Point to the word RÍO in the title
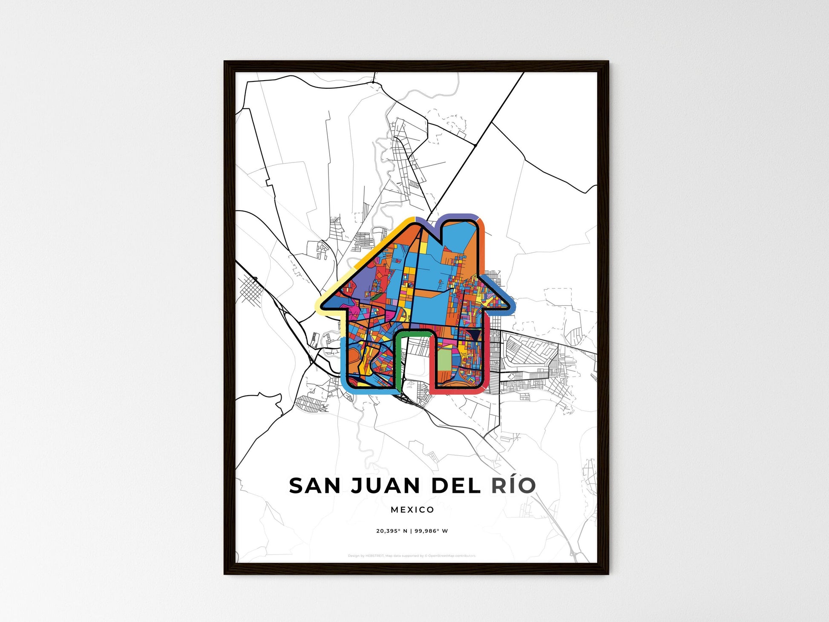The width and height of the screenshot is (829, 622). pos(513,486)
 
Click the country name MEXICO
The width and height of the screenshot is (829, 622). pos(412,509)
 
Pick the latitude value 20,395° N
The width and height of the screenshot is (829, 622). pos(391,531)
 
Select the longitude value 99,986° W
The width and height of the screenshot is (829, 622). pos(431,531)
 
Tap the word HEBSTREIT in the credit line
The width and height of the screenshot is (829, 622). pos(375,556)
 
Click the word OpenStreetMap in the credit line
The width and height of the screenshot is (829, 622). pos(440,556)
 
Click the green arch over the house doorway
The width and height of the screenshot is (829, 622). pos(413,332)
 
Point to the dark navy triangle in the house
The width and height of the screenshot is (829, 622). pos(474,335)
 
